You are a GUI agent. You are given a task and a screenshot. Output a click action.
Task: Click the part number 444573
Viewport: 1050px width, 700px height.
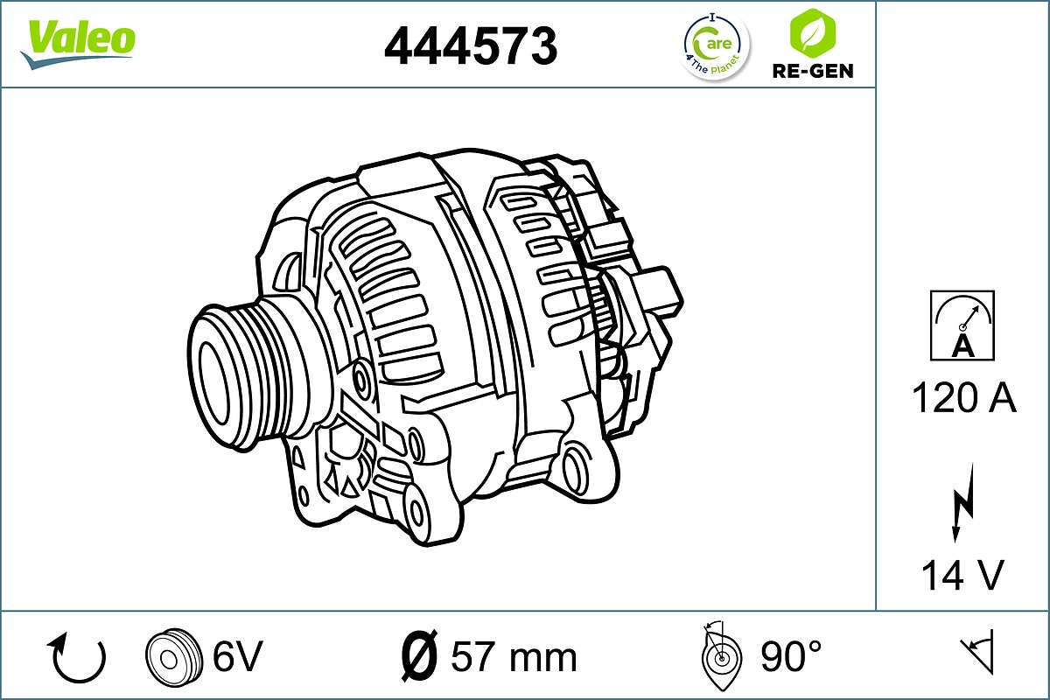[x=471, y=45]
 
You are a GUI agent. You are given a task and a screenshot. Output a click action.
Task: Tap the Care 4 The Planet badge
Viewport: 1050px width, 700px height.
[x=716, y=46]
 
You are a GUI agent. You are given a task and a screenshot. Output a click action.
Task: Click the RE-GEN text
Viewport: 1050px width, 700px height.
[x=811, y=72]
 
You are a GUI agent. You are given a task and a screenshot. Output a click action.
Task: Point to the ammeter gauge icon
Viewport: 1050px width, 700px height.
[x=962, y=325]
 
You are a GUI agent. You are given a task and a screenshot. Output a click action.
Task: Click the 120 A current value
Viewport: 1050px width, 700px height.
[x=963, y=399]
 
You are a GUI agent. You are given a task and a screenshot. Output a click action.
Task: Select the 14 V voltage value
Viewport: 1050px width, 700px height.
[x=962, y=575]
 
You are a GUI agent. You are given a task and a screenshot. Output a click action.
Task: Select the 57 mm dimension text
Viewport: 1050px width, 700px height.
[x=513, y=656]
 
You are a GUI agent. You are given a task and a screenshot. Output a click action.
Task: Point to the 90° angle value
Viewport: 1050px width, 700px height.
[x=790, y=656]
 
